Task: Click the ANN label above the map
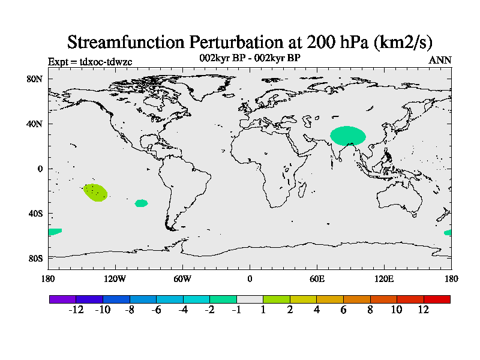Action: (440, 60)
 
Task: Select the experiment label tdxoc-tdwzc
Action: (106, 62)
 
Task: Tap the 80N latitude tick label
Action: (34, 79)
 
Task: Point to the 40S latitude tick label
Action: (35, 214)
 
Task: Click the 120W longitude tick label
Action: (115, 279)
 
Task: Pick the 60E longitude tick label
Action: (317, 279)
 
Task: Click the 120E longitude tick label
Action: (384, 279)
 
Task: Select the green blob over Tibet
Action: (348, 136)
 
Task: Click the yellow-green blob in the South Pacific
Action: (95, 193)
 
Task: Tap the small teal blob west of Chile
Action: (141, 203)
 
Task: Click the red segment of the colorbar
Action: (437, 299)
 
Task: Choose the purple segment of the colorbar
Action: (63, 299)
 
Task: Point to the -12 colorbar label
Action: (76, 310)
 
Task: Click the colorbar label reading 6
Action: (343, 310)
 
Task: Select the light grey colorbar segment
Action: (250, 299)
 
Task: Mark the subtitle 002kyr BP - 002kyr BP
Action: (250, 58)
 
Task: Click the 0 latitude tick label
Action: (40, 169)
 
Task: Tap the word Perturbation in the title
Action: (236, 42)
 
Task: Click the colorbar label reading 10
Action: (397, 310)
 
